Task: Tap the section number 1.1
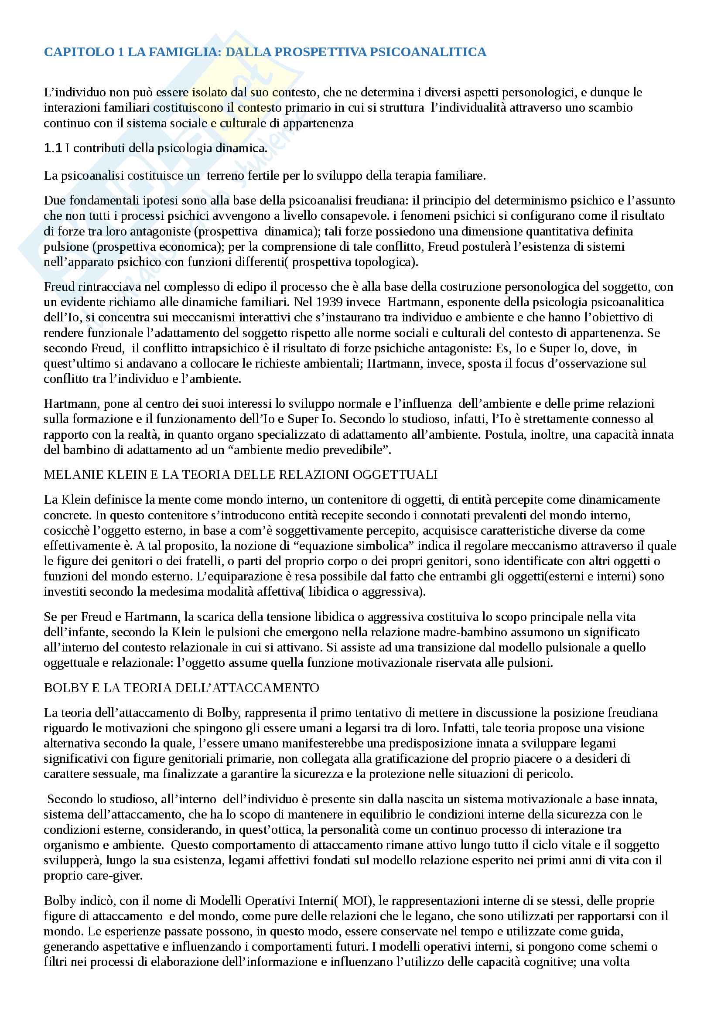pos(53,148)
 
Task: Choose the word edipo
pos(215,287)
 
